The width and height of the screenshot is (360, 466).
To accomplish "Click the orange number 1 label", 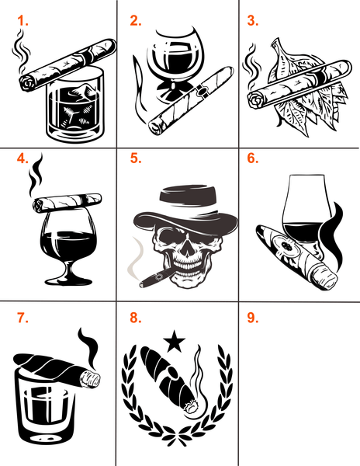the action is click(x=22, y=21).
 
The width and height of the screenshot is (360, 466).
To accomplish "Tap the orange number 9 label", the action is click(x=253, y=318).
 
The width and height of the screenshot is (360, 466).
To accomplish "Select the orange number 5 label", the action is click(x=136, y=158).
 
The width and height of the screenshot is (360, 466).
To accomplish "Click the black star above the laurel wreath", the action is click(x=175, y=341).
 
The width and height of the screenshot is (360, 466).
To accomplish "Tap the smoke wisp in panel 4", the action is click(x=36, y=175).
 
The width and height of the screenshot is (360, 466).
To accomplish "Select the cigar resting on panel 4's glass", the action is click(x=67, y=202).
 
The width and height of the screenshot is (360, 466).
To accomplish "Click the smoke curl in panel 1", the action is click(x=21, y=51).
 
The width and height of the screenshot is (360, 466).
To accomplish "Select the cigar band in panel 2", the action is click(x=202, y=90).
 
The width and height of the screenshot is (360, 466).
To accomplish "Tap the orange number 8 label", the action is click(x=136, y=318).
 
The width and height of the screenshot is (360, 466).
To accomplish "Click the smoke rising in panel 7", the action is click(x=88, y=348).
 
